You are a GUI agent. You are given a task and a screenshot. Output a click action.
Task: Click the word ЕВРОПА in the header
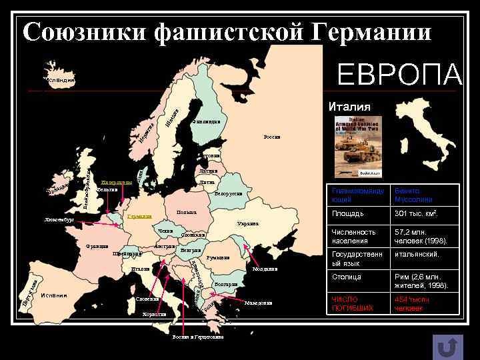399,75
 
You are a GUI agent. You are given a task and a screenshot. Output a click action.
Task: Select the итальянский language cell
417,255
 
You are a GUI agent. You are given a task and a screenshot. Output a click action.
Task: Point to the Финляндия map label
205,121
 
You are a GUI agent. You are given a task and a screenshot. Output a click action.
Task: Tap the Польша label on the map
186,213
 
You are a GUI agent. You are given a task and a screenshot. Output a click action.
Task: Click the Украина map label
247,223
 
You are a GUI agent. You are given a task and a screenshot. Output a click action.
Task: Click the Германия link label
139,216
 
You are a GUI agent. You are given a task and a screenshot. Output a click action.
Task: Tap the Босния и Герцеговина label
197,337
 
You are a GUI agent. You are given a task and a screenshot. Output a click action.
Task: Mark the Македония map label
258,303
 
